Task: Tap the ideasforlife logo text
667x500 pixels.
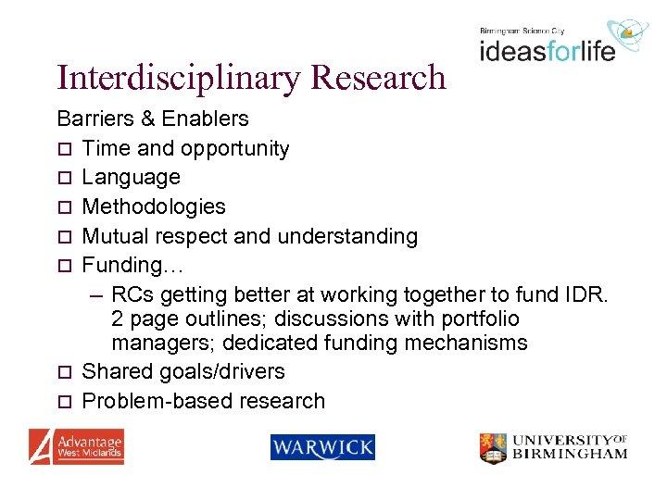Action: pos(547,48)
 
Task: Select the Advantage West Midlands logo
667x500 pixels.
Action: pos(76,446)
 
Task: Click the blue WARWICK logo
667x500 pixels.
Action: pos(322,448)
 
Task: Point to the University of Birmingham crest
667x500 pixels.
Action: pos(493,448)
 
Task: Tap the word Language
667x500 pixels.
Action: pos(131,177)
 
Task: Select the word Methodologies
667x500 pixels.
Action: pos(154,206)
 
